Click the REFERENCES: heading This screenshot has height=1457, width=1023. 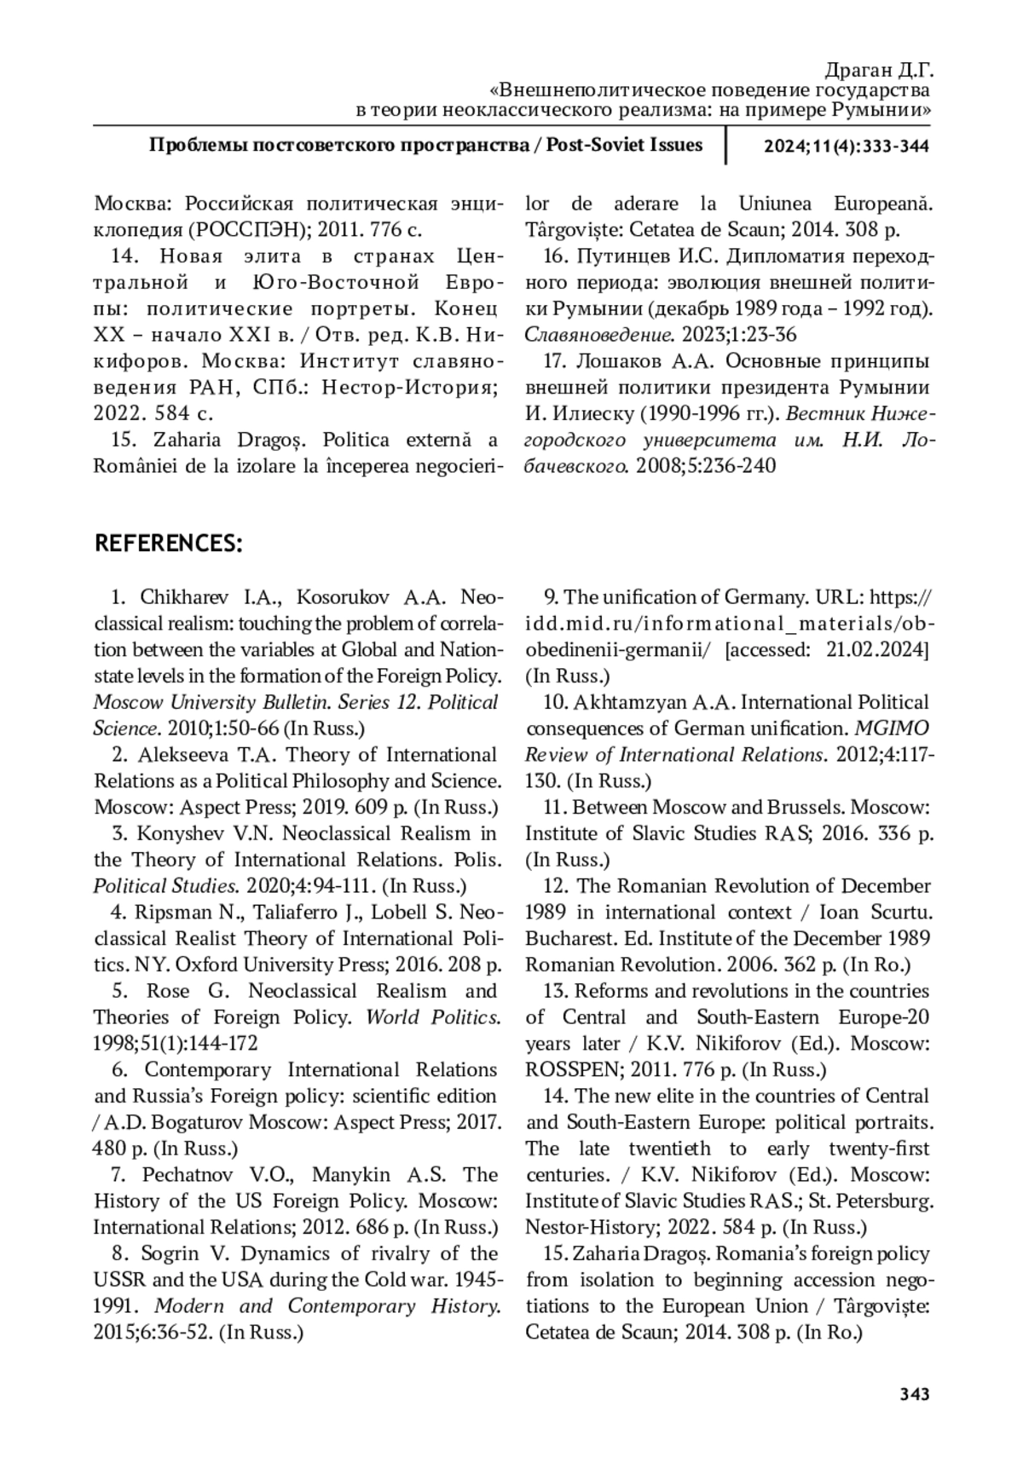(168, 544)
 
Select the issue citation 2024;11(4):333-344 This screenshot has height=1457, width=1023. (846, 146)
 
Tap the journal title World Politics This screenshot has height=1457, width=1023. (433, 1017)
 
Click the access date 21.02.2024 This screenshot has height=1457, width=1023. (876, 650)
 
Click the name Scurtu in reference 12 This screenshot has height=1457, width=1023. (903, 913)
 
